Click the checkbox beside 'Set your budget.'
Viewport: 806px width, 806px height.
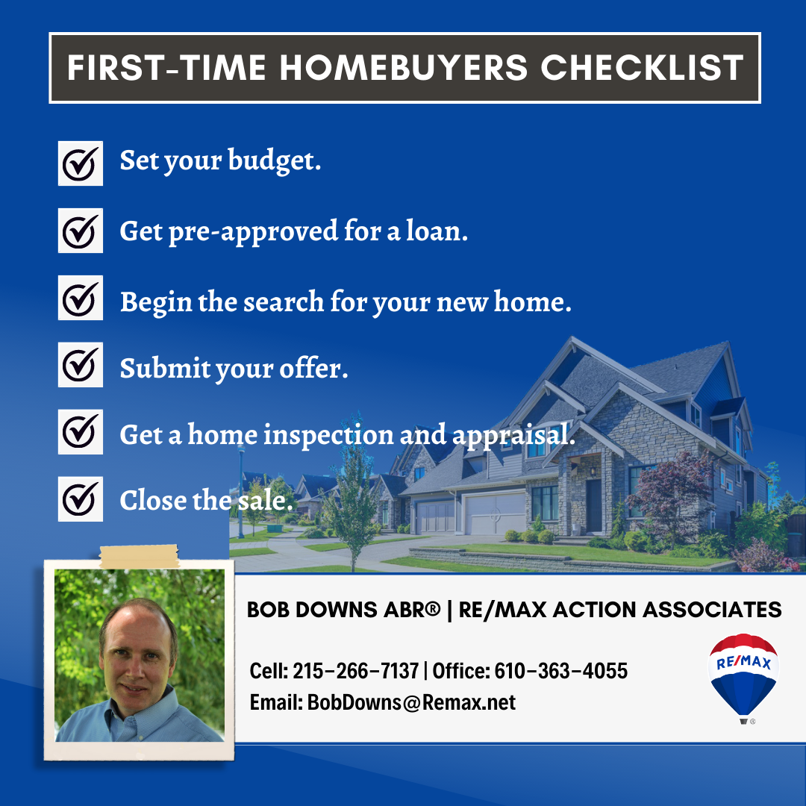[x=80, y=163]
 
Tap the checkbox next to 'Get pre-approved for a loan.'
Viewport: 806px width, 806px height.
[x=80, y=231]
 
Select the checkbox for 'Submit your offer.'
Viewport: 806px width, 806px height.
[x=80, y=364]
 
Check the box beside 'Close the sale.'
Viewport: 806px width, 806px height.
[x=80, y=499]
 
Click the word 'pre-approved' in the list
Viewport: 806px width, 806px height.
[x=254, y=231]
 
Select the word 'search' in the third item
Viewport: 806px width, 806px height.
[x=284, y=302]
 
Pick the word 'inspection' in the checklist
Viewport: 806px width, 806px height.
[x=328, y=435]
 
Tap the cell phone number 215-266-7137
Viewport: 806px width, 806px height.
[x=356, y=671]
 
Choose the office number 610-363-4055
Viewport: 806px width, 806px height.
[x=560, y=671]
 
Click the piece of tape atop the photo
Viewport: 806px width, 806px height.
[x=139, y=557]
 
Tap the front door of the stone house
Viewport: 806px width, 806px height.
[x=594, y=506]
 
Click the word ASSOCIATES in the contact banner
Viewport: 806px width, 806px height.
[x=712, y=610]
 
